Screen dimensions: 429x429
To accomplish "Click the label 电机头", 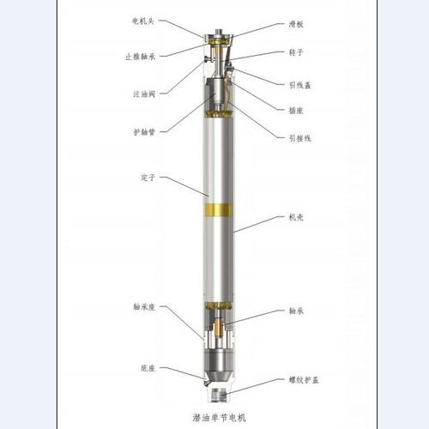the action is (x=143, y=21).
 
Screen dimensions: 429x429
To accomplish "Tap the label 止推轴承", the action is (x=140, y=57).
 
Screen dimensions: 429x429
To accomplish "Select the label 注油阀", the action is (x=144, y=94).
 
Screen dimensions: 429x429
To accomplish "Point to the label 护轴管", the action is (x=144, y=132).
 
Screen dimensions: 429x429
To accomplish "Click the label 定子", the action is (x=148, y=178).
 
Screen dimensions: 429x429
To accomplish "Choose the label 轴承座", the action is (x=144, y=307).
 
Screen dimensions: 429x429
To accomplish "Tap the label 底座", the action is (x=148, y=368).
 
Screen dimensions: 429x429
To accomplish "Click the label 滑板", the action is (x=296, y=24).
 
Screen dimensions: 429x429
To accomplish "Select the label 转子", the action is (x=296, y=52).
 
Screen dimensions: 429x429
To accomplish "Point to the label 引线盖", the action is (x=299, y=85).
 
